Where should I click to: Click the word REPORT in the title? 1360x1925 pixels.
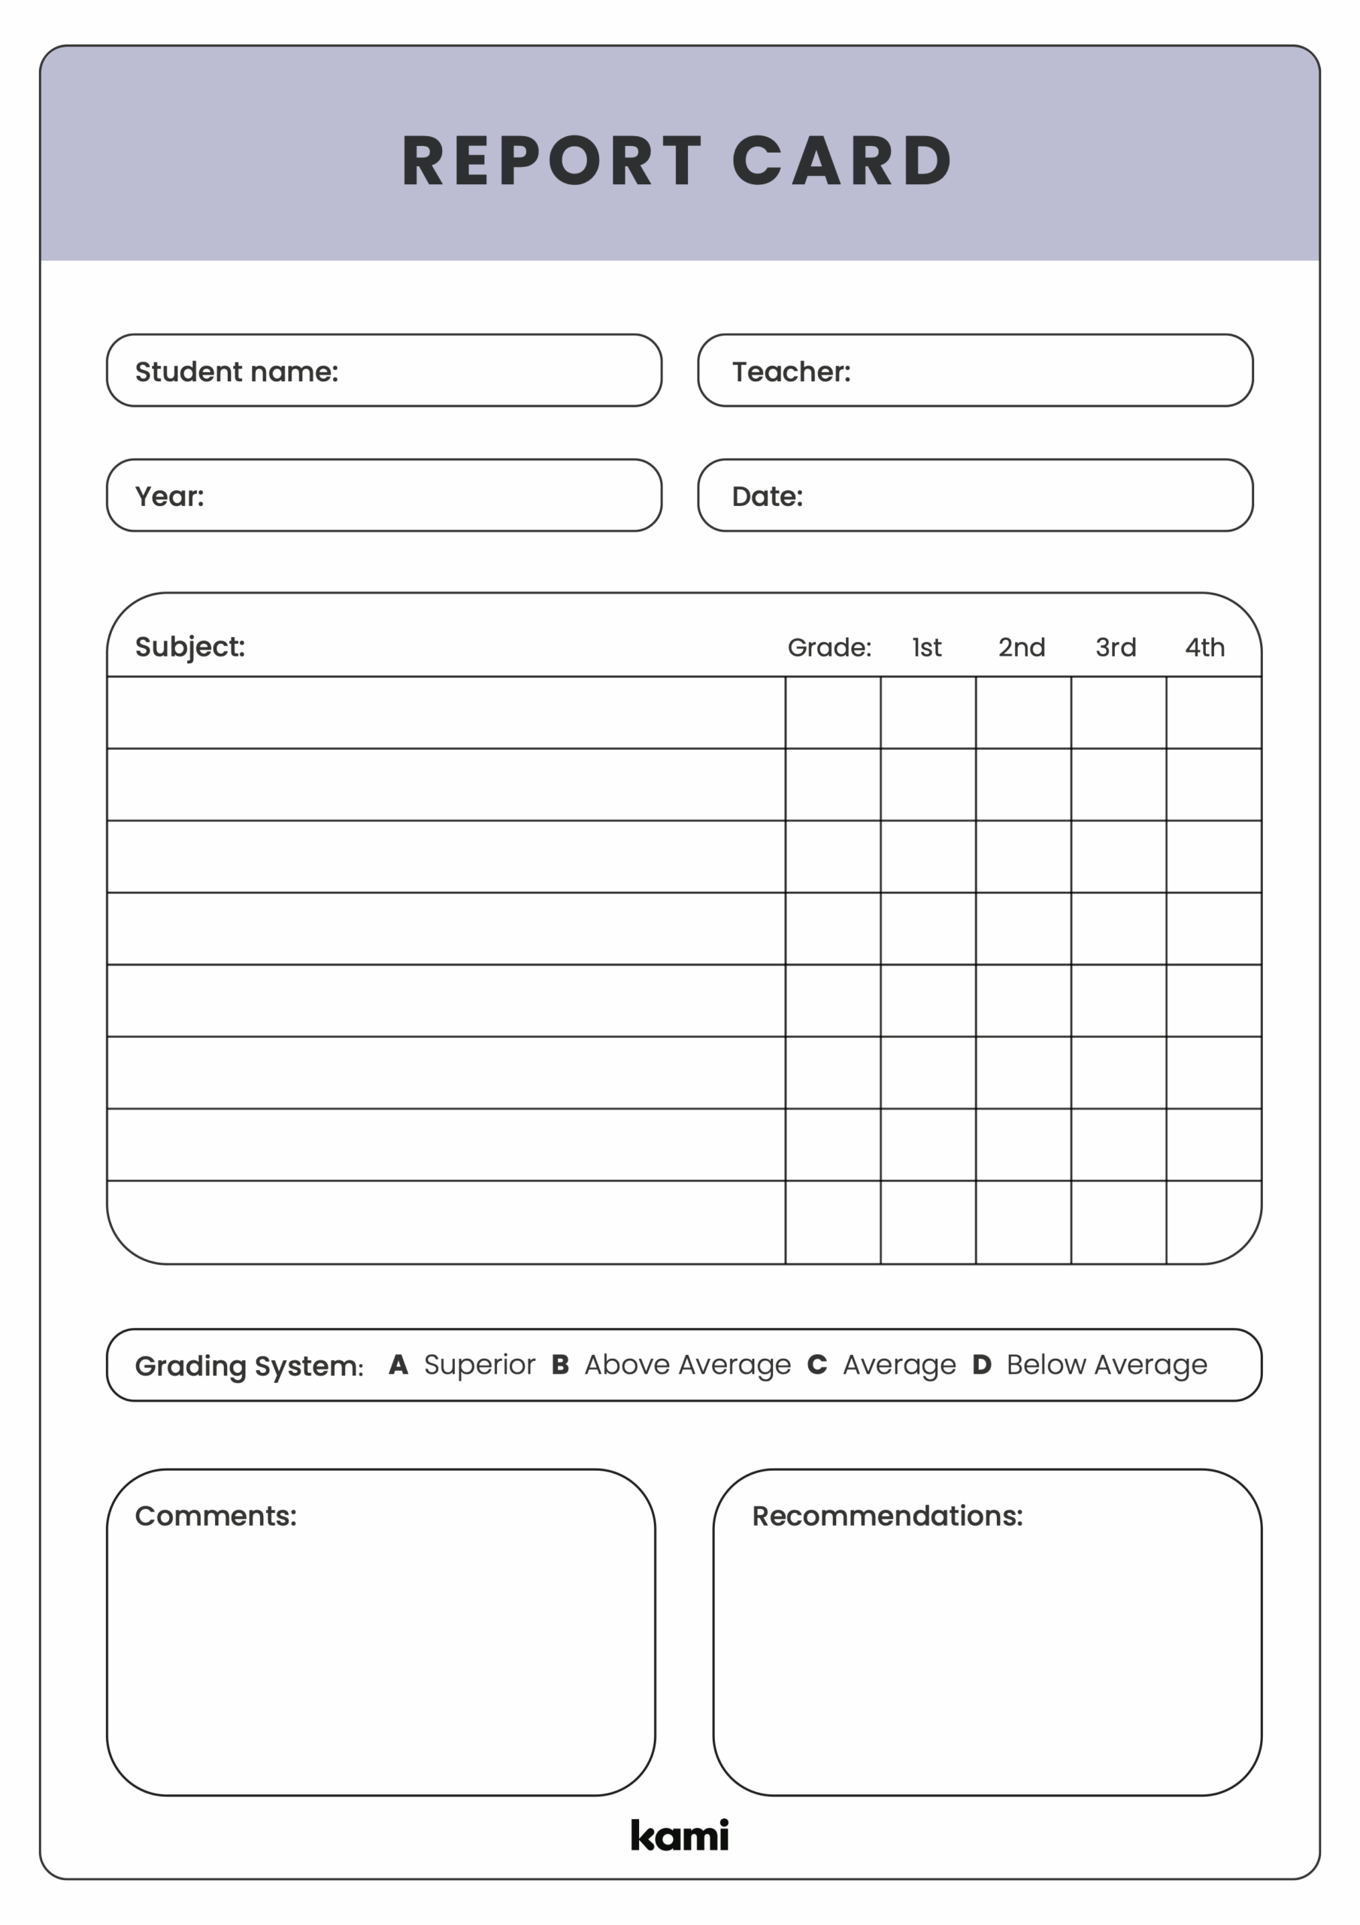pos(551,160)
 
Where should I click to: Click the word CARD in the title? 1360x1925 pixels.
pos(842,160)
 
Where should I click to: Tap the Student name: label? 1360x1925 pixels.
pos(237,371)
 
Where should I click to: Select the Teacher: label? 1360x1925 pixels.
pos(791,371)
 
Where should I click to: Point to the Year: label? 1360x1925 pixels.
pos(169,496)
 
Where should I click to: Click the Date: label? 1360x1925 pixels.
pos(766,496)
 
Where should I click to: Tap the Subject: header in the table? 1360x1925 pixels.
pos(189,647)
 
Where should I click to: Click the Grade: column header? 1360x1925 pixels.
pos(828,647)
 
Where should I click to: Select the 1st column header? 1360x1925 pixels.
pos(925,647)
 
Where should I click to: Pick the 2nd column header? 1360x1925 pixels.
pos(1020,647)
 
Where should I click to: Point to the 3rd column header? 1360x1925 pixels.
pos(1115,647)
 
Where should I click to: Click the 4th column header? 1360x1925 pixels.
pos(1204,647)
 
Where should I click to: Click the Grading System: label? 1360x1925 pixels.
pos(249,1366)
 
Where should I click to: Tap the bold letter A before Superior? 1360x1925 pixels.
pos(398,1364)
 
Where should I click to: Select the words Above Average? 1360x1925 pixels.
pos(686,1365)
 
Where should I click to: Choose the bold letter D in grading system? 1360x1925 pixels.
pos(981,1364)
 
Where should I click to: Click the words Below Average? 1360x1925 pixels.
pos(1106,1365)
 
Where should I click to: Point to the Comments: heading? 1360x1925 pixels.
pos(216,1516)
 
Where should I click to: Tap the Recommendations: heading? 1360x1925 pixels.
pos(886,1516)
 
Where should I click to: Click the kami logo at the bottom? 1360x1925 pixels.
pos(679,1836)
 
